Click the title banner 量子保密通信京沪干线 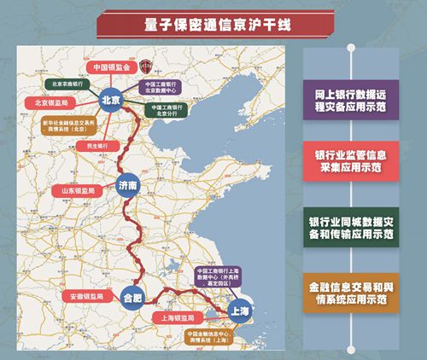pyautogui.click(x=213, y=23)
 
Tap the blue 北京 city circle pyautogui.click(x=112, y=99)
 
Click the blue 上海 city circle pyautogui.click(x=238, y=312)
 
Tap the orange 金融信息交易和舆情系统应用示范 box pyautogui.click(x=349, y=295)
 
